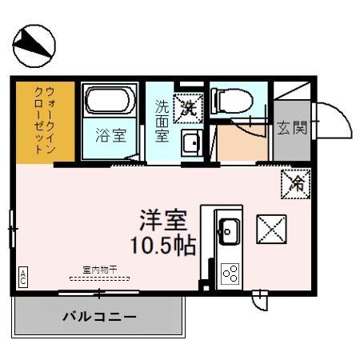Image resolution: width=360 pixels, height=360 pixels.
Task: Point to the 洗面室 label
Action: pos(162,120)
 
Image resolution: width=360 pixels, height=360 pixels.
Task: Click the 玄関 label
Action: pos(292,127)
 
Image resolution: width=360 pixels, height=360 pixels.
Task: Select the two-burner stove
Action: pos(230,274)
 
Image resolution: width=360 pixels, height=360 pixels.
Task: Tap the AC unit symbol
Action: pos(23,277)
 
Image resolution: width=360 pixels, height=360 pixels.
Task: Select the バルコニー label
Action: pos(99,317)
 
